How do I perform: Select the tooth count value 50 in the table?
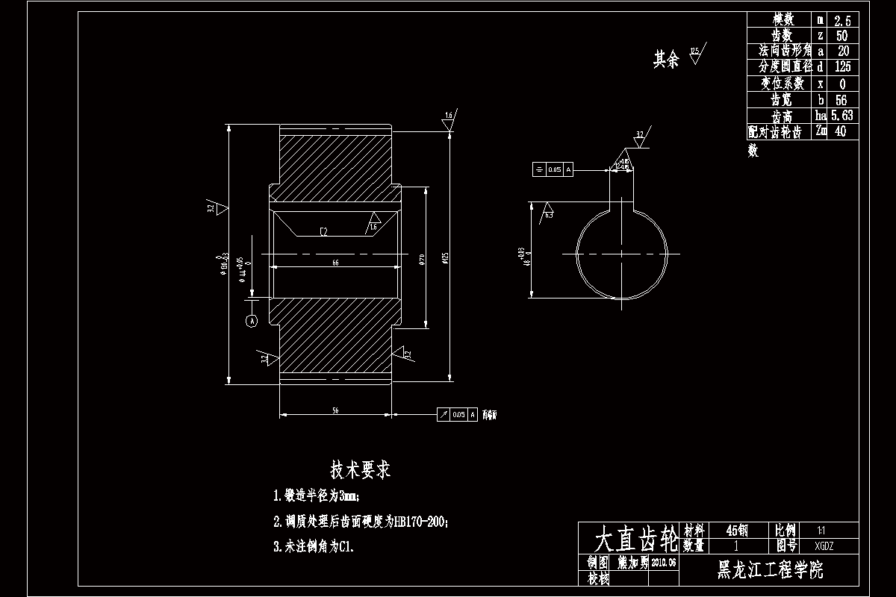coord(842,36)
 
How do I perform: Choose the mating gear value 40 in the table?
coord(841,131)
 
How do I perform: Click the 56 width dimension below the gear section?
coord(335,410)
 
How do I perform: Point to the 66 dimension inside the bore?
coord(335,263)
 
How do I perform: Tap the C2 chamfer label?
coord(323,232)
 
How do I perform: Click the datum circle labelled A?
coord(252,321)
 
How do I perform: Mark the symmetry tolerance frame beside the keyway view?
coord(553,169)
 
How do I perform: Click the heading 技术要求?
coord(361,470)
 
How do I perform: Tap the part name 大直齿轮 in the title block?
coord(629,537)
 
